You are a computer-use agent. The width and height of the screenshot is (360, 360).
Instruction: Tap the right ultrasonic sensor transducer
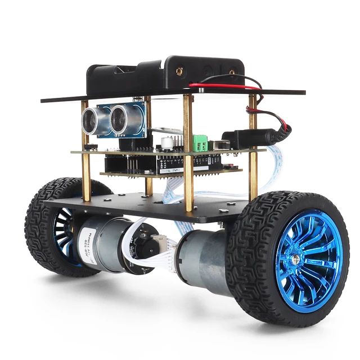pyautogui.click(x=120, y=119)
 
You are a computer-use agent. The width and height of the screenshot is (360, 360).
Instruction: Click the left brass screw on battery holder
pyautogui.click(x=179, y=71)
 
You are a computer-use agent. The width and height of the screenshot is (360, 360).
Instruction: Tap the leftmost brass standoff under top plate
pyautogui.click(x=85, y=152)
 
